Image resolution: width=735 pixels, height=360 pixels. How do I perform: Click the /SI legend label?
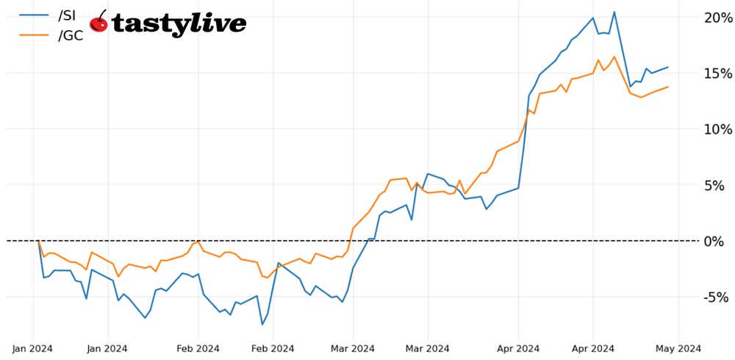point(67,15)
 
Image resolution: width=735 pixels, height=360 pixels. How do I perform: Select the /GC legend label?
point(70,34)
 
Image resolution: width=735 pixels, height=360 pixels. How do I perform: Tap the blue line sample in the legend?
point(32,15)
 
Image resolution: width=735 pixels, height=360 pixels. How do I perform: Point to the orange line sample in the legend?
point(32,34)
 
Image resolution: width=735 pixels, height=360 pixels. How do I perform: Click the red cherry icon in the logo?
point(99,24)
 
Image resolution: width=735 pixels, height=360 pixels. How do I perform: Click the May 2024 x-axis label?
point(678,348)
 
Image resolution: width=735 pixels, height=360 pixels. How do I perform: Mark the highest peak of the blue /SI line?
point(614,12)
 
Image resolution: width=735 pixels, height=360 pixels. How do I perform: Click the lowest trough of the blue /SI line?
point(262,324)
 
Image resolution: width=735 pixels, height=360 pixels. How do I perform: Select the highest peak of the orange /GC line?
point(614,57)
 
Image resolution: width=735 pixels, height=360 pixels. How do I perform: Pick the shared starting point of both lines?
point(38,241)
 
